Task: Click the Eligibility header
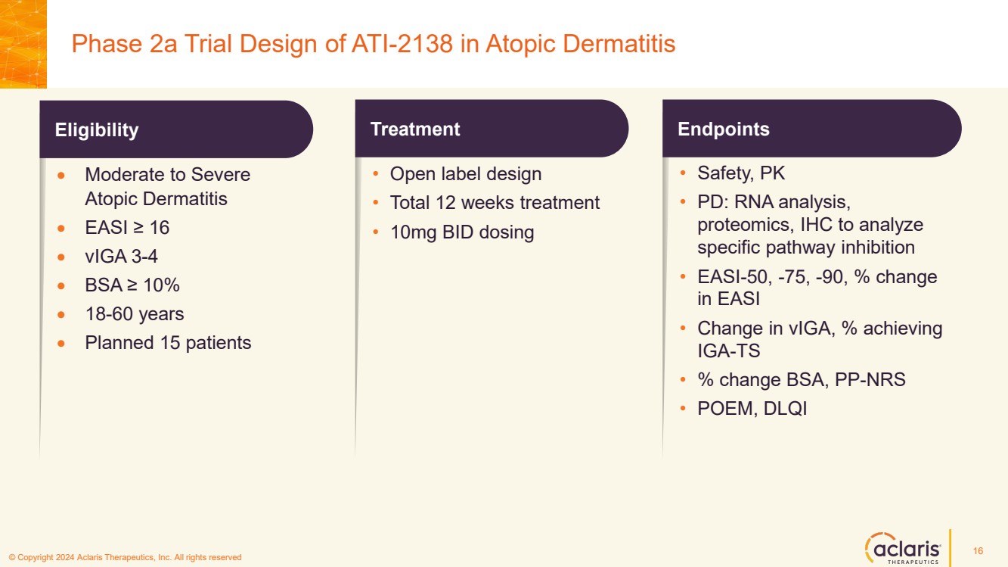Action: pyautogui.click(x=97, y=130)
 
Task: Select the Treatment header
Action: pyautogui.click(x=415, y=129)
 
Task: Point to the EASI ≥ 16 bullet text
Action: pyautogui.click(x=126, y=228)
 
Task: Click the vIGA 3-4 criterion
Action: pyautogui.click(x=121, y=257)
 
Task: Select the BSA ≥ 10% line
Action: pyautogui.click(x=132, y=285)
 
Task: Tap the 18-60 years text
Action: pyautogui.click(x=134, y=314)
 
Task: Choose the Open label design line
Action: pyautogui.click(x=466, y=174)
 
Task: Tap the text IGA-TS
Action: pyautogui.click(x=728, y=351)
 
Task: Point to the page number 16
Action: pyautogui.click(x=978, y=550)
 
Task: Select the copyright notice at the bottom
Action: pyautogui.click(x=125, y=558)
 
